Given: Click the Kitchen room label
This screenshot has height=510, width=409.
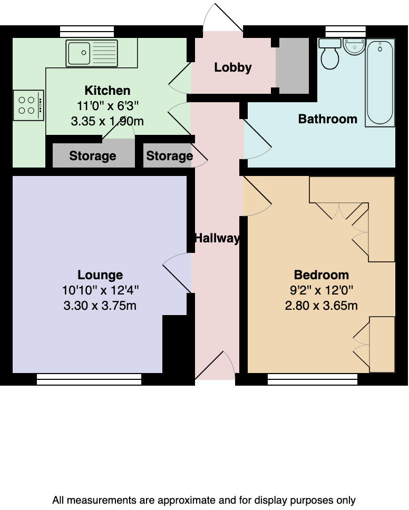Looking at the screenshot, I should [x=108, y=90].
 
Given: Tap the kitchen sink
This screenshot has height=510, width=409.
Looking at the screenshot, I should [x=92, y=53].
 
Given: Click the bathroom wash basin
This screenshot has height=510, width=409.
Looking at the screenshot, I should [x=354, y=46].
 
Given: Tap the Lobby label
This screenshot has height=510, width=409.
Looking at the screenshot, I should [x=233, y=67].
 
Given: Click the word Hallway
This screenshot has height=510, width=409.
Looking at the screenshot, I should [x=217, y=238].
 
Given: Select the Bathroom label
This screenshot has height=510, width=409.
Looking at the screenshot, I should [x=328, y=119].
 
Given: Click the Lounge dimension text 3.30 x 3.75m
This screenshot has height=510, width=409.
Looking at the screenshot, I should [x=100, y=306].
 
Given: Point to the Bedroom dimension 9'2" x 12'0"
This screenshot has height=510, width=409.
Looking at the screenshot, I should [x=321, y=290].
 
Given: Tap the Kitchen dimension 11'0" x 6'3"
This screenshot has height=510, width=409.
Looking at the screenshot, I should [x=108, y=105].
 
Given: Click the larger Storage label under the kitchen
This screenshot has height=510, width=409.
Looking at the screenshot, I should [x=93, y=156].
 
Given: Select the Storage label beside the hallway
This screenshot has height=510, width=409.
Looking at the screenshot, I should [x=169, y=156].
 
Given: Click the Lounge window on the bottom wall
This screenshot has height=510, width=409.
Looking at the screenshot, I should [x=89, y=379].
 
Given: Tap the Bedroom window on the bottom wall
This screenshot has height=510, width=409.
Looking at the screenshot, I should [x=313, y=379].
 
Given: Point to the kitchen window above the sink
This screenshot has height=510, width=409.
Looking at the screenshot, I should [x=87, y=31].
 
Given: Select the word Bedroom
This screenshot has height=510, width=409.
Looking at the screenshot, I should [x=321, y=275].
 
